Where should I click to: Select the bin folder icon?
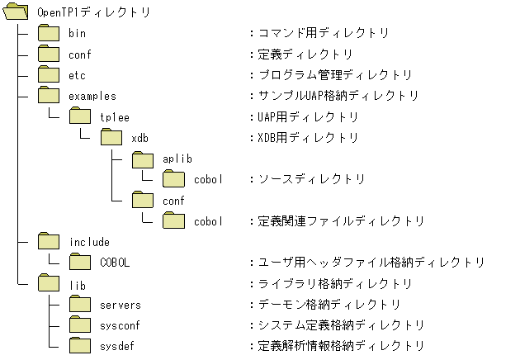(x=50, y=34)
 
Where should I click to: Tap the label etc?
(x=78, y=75)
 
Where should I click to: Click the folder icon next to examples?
(x=50, y=96)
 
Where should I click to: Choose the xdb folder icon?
(x=111, y=138)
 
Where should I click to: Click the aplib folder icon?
(x=143, y=159)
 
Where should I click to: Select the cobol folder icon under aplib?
(x=173, y=179)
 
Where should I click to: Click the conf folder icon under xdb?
(x=143, y=200)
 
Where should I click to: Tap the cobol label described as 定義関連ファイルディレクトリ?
(x=208, y=221)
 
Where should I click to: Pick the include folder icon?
(x=50, y=242)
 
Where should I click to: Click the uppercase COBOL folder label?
(x=115, y=263)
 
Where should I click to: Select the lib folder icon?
(x=50, y=283)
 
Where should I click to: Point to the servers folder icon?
(x=81, y=304)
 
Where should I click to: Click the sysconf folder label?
(x=120, y=325)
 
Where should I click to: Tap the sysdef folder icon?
(x=81, y=346)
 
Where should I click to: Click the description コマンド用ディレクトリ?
(x=323, y=34)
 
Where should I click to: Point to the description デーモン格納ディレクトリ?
(x=329, y=305)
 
